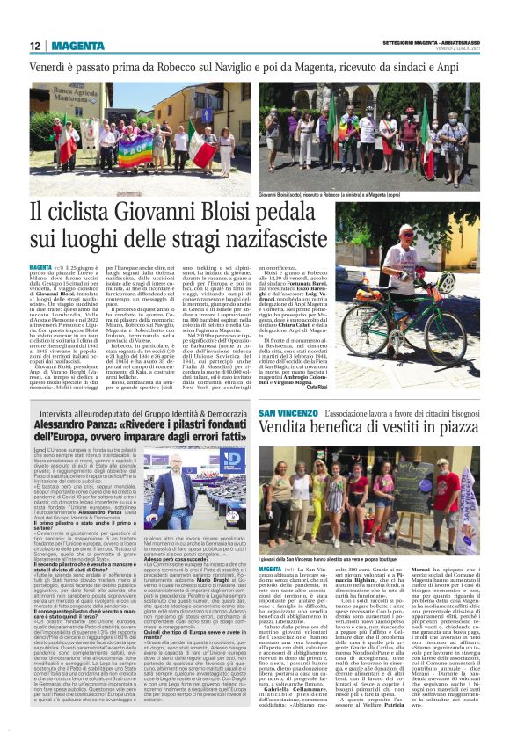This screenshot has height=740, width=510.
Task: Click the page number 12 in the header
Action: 34,46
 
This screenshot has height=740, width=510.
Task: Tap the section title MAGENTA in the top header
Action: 76,46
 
